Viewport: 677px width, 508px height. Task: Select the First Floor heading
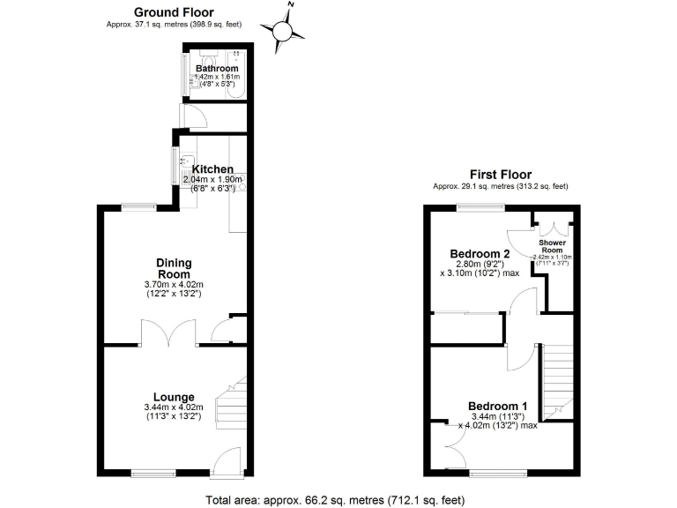[500, 175]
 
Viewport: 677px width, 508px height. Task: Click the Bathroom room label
[217, 68]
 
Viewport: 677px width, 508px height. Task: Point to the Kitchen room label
[212, 169]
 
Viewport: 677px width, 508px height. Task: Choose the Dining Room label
[174, 268]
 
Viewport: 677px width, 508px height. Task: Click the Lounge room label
[174, 397]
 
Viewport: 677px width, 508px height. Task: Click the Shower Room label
[554, 245]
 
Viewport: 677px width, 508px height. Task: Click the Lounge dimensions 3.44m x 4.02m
[174, 412]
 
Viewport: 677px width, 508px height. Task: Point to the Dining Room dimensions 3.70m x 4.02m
[174, 289]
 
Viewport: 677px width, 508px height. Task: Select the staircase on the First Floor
[556, 379]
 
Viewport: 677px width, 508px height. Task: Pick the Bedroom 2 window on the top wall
[480, 206]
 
